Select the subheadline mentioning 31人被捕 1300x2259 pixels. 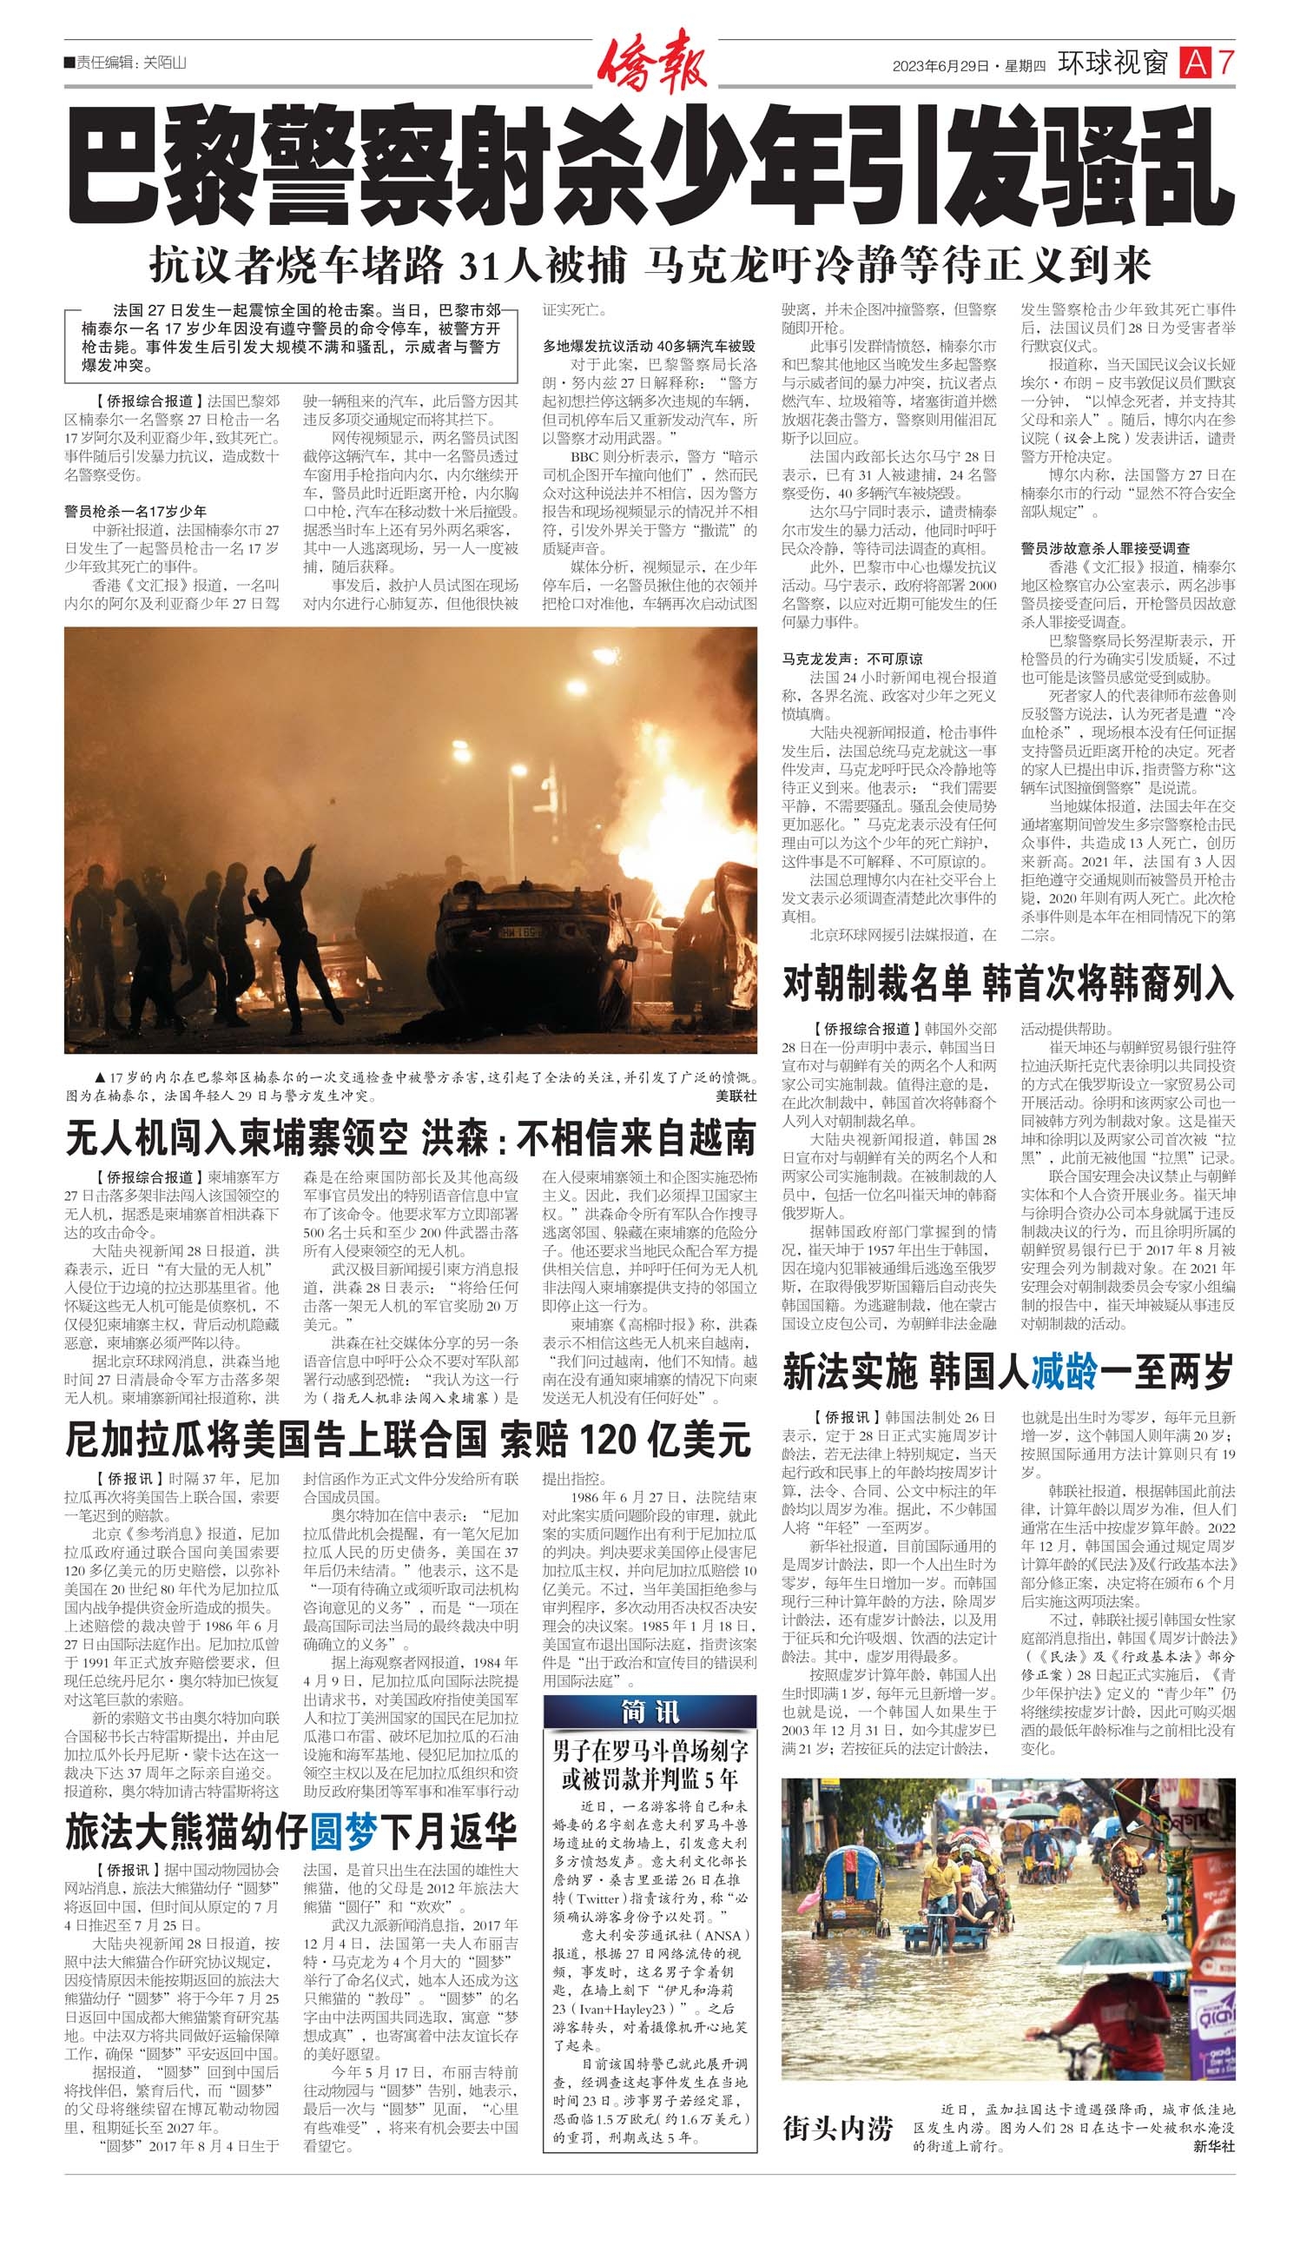click(650, 263)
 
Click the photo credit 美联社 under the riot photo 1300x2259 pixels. click(736, 1095)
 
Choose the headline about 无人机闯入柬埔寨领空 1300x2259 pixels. click(411, 1139)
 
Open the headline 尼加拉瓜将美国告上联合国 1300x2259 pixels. click(408, 1440)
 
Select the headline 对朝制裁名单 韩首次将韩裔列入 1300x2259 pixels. click(1008, 984)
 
